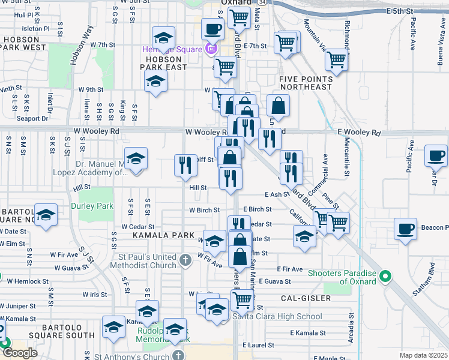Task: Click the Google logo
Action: pos(20,353)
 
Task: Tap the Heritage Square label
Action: pos(173,49)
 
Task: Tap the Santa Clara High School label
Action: pos(277,316)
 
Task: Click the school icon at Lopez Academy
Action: pos(136,159)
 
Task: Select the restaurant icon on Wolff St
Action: pos(185,165)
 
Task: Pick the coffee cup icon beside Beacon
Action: pos(406,229)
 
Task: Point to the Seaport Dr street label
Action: pos(32,118)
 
